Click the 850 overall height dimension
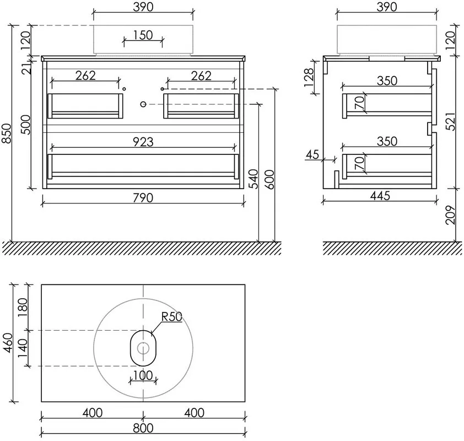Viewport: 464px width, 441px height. click(x=7, y=133)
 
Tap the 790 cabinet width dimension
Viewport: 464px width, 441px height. click(x=143, y=198)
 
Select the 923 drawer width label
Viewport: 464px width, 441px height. click(x=143, y=142)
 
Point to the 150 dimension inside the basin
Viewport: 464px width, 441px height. click(x=143, y=35)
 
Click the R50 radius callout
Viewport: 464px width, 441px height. click(x=171, y=316)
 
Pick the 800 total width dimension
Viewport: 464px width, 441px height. click(x=143, y=428)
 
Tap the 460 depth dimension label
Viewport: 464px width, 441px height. click(x=8, y=343)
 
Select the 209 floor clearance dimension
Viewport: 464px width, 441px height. click(x=450, y=215)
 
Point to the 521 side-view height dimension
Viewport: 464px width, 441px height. click(x=450, y=121)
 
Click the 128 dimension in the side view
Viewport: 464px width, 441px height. click(x=309, y=77)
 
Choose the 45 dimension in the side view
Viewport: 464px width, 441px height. click(x=312, y=154)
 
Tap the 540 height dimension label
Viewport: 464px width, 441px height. click(x=253, y=179)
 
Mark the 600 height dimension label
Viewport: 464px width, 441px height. click(x=269, y=179)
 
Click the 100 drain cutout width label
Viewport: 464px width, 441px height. click(x=143, y=375)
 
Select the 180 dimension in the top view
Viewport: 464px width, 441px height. click(x=23, y=307)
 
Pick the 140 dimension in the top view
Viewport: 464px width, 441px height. click(x=23, y=348)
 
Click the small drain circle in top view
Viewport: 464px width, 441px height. click(x=143, y=348)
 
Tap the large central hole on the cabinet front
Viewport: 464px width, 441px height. click(x=143, y=104)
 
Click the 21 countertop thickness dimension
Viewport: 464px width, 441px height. click(x=26, y=69)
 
